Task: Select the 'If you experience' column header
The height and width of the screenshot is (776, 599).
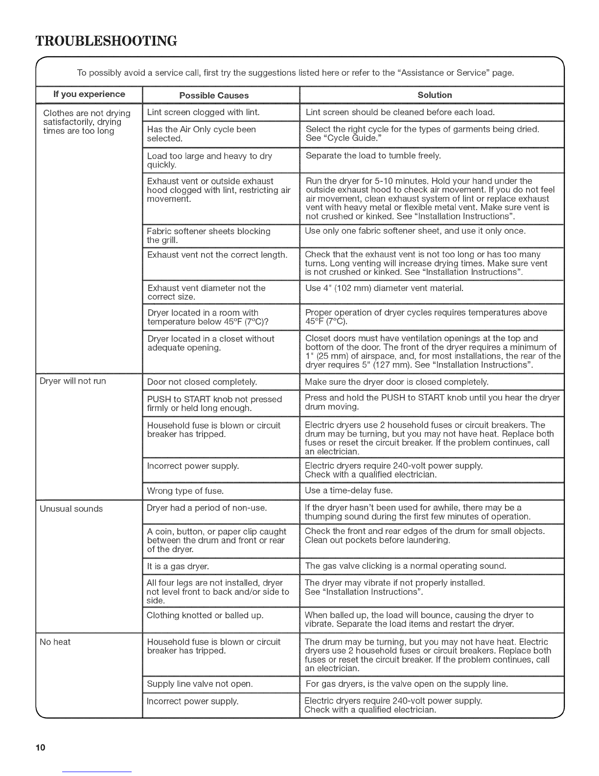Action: pos(89,94)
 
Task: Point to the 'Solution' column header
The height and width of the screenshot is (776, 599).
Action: pos(435,95)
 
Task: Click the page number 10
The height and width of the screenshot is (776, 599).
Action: pos(40,748)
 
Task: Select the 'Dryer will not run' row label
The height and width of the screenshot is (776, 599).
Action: pos(73,381)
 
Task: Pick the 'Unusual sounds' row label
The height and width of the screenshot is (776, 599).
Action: pos(71,509)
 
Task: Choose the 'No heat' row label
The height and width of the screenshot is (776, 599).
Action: pos(55,642)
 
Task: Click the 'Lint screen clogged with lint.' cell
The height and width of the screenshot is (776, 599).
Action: pos(203,112)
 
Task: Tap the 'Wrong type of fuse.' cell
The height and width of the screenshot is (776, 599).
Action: pos(185,490)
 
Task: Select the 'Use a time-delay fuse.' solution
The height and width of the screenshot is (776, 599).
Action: pos(348,490)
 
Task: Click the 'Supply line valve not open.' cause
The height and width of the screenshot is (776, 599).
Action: pos(200,683)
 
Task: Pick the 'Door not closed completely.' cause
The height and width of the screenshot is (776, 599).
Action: pos(202,382)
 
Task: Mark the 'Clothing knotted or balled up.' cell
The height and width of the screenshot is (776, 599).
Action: pos(205,615)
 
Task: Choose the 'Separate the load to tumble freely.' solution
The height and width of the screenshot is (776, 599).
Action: pos(373,156)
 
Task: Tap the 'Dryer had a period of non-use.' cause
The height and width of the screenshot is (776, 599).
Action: pos(207,508)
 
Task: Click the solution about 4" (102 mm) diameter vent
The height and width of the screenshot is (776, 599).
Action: pos(384,288)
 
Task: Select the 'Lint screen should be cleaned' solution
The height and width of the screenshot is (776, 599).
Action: pos(400,112)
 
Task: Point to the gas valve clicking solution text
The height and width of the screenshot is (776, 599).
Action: pos(405,566)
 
